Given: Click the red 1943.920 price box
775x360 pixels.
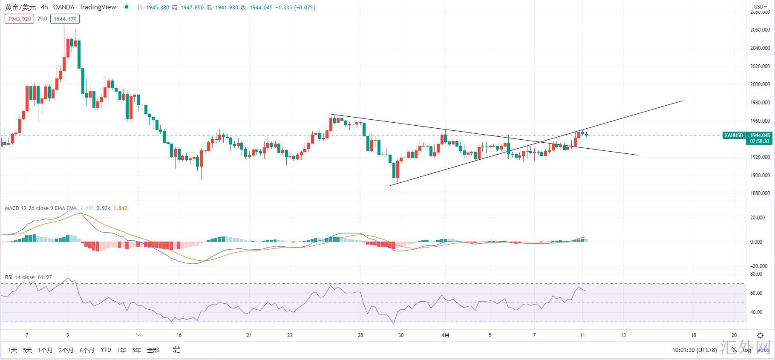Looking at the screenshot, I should coord(19,19).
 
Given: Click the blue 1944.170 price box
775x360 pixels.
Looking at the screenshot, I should coord(65,19).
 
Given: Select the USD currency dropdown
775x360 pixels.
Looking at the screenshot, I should coord(760,6).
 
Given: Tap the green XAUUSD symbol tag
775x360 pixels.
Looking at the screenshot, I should coord(734,135).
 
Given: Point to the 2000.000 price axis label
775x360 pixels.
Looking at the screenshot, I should coord(760,84).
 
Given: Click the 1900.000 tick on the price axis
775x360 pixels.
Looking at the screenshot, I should coord(760,176).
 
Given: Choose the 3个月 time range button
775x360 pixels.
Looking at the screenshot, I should coord(66,350).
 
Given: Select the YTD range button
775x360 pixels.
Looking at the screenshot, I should coord(106,350).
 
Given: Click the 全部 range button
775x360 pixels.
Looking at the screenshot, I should coord(153,350).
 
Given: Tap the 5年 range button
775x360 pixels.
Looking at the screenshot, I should coord(136,350).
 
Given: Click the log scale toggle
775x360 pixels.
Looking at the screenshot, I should coord(747,350).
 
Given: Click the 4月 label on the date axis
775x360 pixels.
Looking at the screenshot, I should coord(445,335).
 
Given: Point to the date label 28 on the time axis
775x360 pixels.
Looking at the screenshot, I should coord(360,335).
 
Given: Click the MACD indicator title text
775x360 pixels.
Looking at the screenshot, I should coord(40,208).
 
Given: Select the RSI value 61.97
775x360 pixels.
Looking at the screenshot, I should coord(45,277).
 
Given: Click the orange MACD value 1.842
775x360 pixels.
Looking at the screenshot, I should coord(120,208).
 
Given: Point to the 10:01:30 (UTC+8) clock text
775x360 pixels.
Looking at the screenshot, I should coord(694,350).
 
